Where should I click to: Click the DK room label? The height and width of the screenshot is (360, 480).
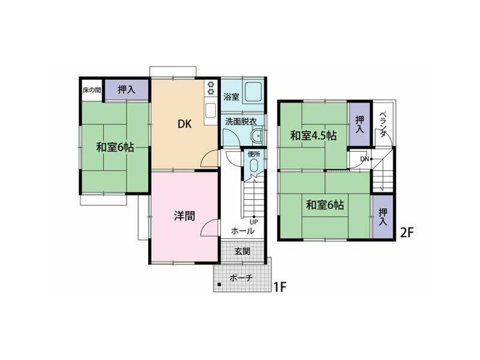coord(184,125)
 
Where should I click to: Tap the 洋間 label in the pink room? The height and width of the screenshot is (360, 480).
coord(184,216)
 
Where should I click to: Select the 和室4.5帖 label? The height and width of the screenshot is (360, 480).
coord(313,136)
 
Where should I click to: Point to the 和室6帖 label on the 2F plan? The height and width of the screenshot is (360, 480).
coord(325,205)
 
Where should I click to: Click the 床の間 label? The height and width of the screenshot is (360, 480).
coord(92,91)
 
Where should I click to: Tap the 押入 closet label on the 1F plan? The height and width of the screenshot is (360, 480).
coord(126,90)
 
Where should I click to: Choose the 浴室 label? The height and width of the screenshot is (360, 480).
coord(232,96)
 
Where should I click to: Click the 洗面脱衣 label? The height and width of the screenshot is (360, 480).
coord(241,121)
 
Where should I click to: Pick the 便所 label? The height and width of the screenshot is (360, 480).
coord(253,154)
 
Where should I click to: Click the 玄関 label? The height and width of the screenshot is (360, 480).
coord(242,251)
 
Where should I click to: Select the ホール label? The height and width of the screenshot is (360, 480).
coord(242,230)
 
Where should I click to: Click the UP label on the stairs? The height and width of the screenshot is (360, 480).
coord(254,221)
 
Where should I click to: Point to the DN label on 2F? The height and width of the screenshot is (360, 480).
coord(365,159)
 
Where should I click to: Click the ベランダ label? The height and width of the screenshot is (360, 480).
coord(383,124)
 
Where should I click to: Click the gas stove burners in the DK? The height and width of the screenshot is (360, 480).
coord(211,89)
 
